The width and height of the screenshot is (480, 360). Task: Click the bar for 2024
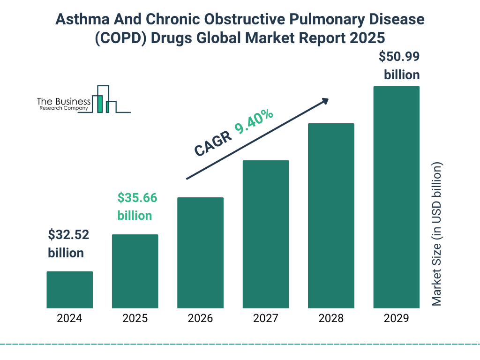tap(69, 290)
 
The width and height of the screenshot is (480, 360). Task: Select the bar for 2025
tap(135, 271)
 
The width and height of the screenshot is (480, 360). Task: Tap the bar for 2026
tap(200, 253)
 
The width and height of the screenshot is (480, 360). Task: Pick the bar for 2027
tap(265, 234)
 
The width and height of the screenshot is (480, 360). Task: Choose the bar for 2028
tap(331, 216)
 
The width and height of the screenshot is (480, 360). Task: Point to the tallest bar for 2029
tap(396, 197)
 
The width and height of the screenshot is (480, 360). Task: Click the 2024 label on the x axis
tap(69, 319)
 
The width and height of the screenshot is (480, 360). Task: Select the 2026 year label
tap(200, 319)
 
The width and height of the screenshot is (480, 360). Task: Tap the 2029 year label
tap(396, 319)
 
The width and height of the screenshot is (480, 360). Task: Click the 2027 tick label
tap(265, 319)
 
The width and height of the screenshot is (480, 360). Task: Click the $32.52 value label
tap(68, 235)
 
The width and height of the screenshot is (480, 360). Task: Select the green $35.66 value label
tap(137, 198)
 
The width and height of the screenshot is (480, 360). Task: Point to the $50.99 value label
tap(399, 57)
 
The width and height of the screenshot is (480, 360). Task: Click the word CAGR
tap(213, 142)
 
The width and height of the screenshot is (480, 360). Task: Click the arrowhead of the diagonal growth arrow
tap(325, 101)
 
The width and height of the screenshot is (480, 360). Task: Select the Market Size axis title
tap(436, 234)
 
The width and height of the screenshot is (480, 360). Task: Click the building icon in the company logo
tap(104, 99)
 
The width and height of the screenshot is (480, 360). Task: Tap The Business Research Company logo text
tap(63, 104)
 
